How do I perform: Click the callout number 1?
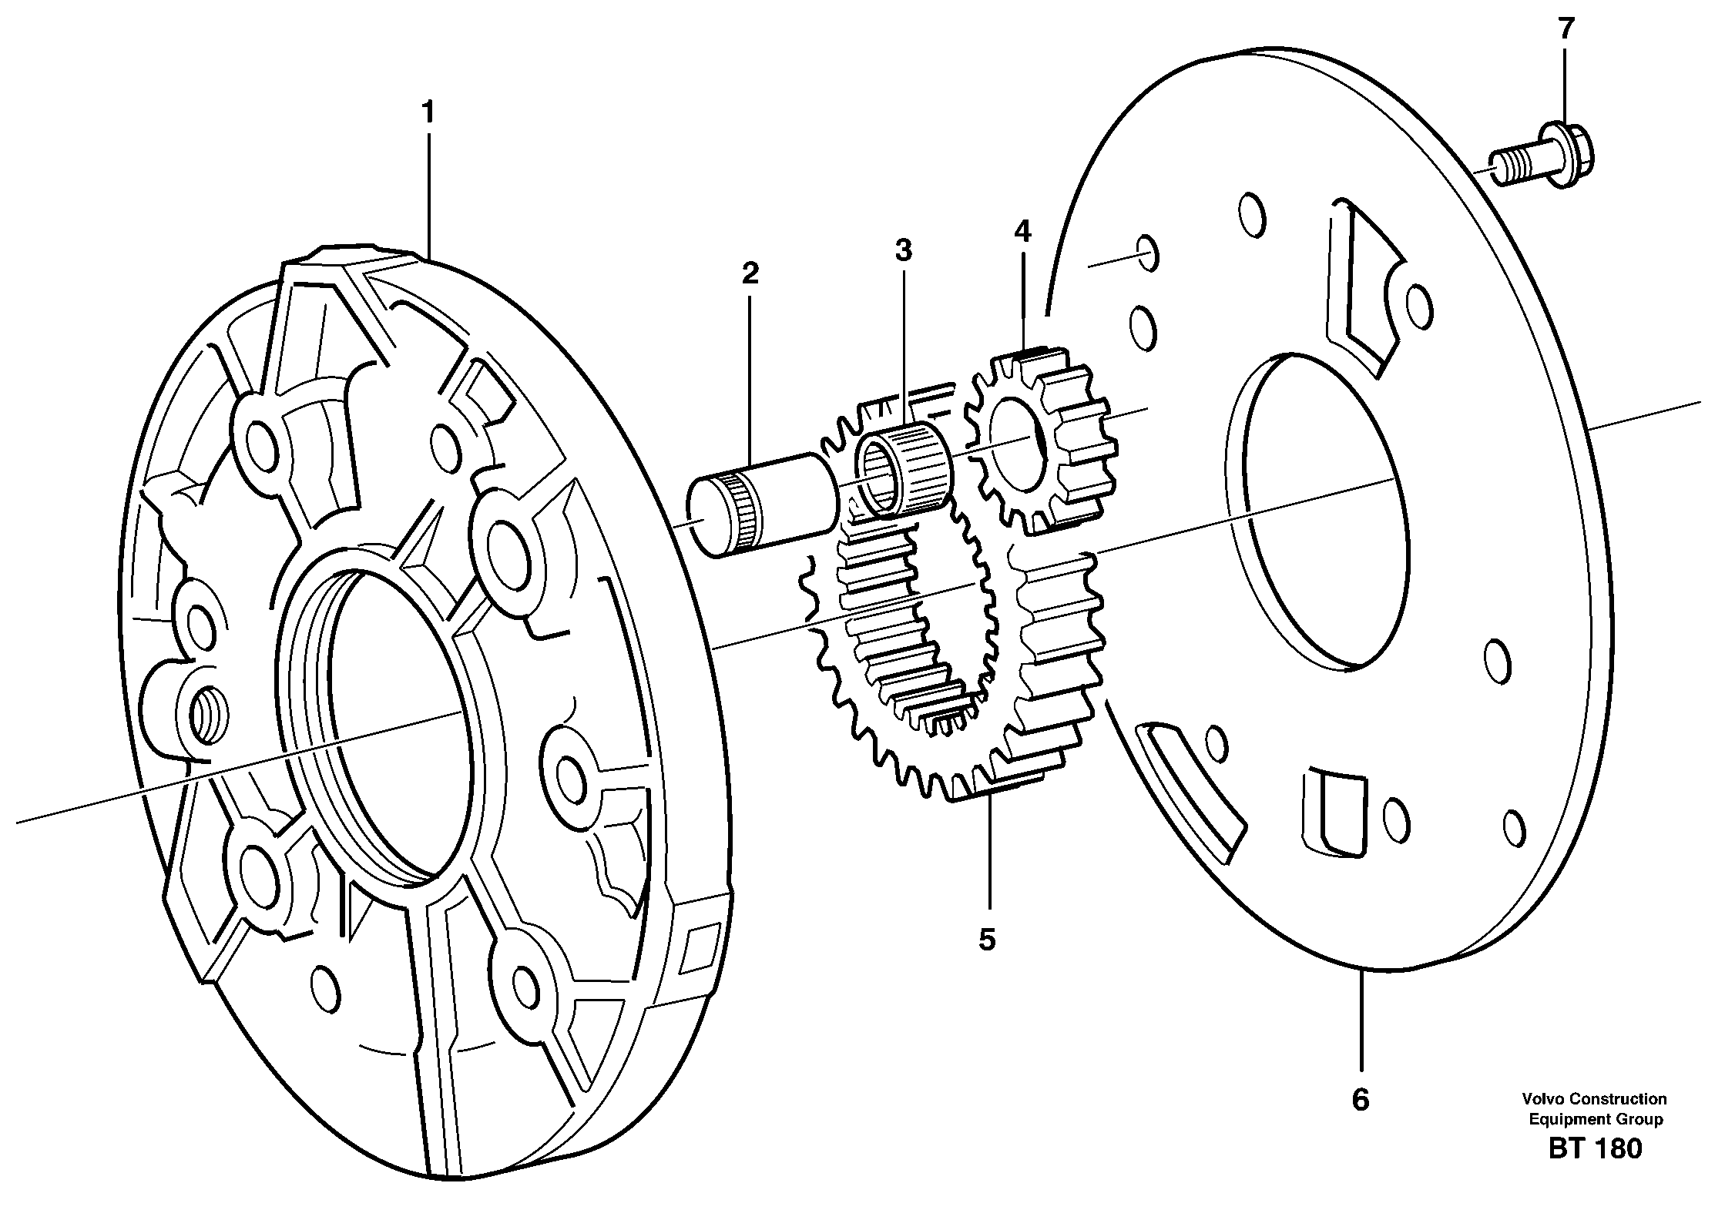coord(428,114)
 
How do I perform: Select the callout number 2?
coord(750,273)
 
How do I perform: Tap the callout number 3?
coord(903,250)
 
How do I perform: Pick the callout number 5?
coord(987,940)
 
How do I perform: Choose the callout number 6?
coord(1361,1100)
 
